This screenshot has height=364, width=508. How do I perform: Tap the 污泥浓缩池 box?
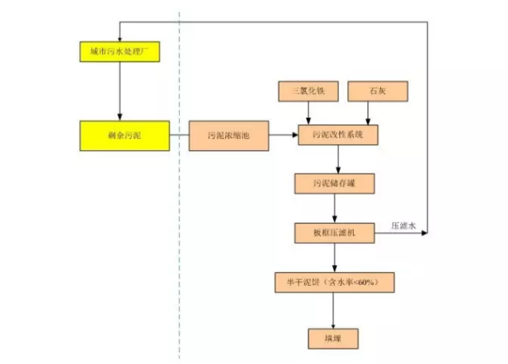[x=229, y=136]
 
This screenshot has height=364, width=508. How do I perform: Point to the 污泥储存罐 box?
[x=335, y=184]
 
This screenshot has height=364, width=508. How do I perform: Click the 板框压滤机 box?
[x=335, y=233]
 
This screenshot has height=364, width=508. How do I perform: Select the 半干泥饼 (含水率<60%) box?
[x=335, y=283]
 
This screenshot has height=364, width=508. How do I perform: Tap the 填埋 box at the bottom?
[x=335, y=336]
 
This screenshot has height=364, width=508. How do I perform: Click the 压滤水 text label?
[x=403, y=226]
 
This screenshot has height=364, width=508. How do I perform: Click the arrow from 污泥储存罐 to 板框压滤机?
[x=335, y=208]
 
